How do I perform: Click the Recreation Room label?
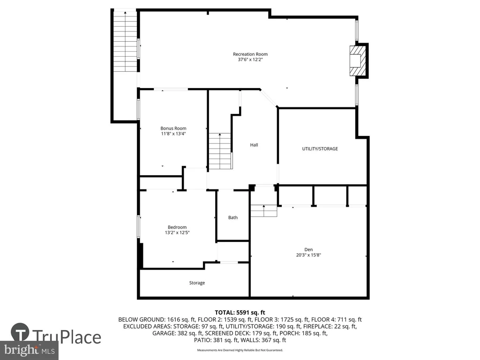(x=250, y=54)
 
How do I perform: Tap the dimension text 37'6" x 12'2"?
(x=250, y=60)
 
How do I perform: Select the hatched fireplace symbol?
(x=358, y=60)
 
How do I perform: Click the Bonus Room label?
(x=173, y=128)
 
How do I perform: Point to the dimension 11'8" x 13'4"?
(x=173, y=134)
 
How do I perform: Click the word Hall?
(x=254, y=145)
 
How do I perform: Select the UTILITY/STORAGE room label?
(x=320, y=149)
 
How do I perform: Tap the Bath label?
(x=233, y=217)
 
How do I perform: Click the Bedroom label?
(x=177, y=227)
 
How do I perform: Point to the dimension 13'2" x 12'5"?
(x=177, y=232)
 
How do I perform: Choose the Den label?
(x=308, y=249)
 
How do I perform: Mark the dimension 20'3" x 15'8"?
(x=308, y=255)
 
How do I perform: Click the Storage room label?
(x=197, y=283)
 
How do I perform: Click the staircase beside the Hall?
(x=220, y=151)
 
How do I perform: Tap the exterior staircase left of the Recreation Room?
(x=125, y=41)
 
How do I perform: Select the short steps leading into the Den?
(x=264, y=211)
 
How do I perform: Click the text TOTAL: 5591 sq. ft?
(x=240, y=313)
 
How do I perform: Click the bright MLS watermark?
(x=29, y=350)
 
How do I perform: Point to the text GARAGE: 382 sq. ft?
(x=178, y=333)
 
